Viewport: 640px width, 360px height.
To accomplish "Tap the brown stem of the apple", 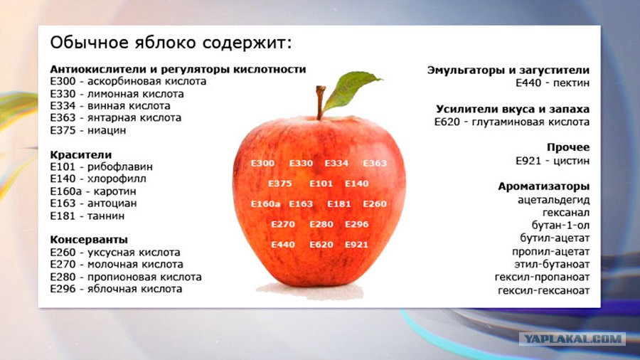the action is (321, 102).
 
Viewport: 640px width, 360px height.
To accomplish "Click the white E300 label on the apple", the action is (263, 163).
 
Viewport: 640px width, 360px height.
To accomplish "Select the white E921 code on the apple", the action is (356, 245).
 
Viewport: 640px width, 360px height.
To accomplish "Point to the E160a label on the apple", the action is (265, 203).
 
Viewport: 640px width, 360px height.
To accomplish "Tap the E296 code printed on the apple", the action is (356, 224).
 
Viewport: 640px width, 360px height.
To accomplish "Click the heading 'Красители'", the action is (81, 154).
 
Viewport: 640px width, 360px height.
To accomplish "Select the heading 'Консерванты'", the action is (89, 239).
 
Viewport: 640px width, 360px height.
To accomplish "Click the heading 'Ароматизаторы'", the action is (544, 186).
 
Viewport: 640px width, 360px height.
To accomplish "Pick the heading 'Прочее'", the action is (568, 147).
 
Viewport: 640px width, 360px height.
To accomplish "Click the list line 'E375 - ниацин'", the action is (87, 130).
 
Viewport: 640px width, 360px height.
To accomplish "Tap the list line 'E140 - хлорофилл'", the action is (98, 179).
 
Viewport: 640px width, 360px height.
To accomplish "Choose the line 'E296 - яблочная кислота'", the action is (116, 289).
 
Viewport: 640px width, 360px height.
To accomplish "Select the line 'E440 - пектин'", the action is (553, 83).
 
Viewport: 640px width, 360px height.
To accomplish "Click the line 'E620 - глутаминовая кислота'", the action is (512, 122).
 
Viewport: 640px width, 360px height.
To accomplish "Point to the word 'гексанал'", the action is (566, 213).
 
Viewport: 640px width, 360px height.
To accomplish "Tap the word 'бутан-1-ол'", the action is (560, 226).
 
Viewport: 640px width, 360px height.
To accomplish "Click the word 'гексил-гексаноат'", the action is (544, 290).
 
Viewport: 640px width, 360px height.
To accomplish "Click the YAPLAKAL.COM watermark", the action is (572, 339).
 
